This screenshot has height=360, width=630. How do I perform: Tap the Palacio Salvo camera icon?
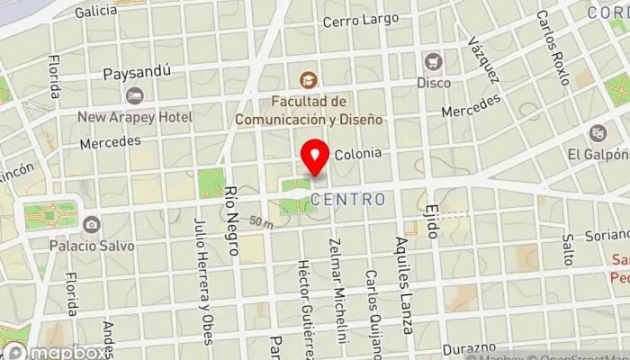pyautogui.click(x=91, y=224)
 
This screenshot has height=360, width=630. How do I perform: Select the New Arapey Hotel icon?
pyautogui.click(x=135, y=95)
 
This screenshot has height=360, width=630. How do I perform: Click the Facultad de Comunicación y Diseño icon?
pyautogui.click(x=310, y=80)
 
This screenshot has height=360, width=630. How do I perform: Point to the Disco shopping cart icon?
pyautogui.click(x=434, y=61)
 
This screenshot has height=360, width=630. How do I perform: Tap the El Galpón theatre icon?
pyautogui.click(x=598, y=133)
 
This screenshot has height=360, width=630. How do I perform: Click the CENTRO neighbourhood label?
pyautogui.click(x=348, y=199)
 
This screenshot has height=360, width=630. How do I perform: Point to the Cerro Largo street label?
pyautogui.click(x=359, y=21)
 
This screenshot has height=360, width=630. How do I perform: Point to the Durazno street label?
pyautogui.click(x=468, y=346)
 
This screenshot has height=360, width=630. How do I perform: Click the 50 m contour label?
pyautogui.click(x=261, y=221)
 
